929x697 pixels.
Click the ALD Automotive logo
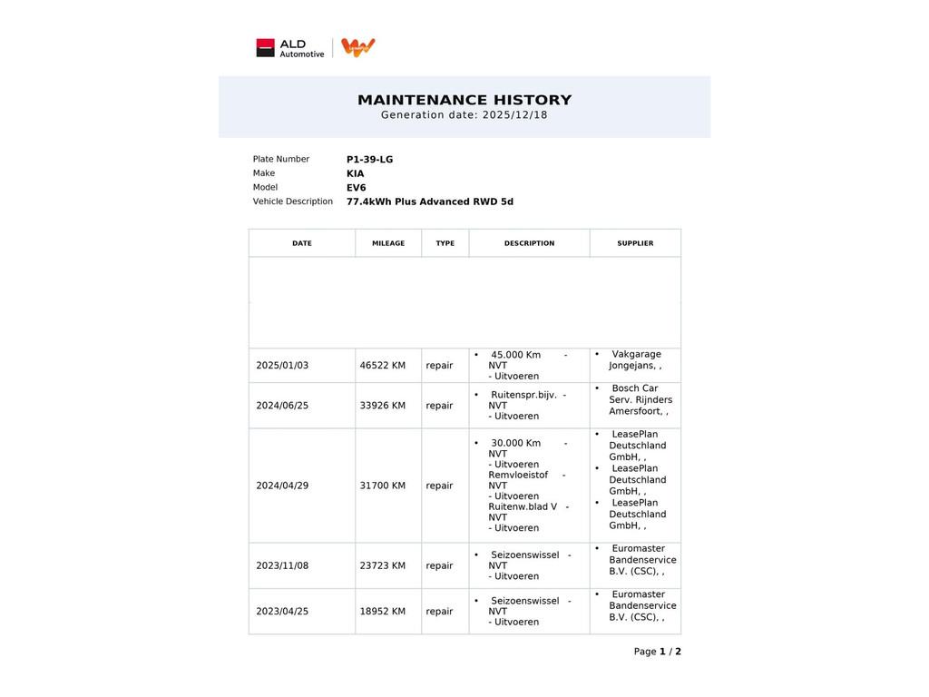tap(289, 48)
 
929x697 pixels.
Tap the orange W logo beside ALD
tap(358, 47)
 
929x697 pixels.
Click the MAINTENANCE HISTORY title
tap(464, 100)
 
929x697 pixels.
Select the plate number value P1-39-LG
tap(369, 160)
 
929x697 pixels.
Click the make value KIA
tap(355, 173)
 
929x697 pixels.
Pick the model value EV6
tap(356, 188)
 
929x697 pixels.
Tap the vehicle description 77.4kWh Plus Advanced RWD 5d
tap(429, 201)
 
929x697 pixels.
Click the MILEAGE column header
tap(388, 243)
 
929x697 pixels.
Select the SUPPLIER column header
tap(635, 243)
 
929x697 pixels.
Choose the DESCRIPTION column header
tap(529, 243)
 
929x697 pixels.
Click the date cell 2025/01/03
tap(282, 366)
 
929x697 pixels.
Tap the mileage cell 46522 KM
tap(382, 366)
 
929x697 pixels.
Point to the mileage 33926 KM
tap(382, 406)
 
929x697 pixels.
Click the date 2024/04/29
tap(282, 486)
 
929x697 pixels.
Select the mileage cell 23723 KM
tap(382, 565)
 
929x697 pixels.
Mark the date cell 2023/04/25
tap(282, 612)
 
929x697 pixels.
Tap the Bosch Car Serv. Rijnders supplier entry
tap(640, 399)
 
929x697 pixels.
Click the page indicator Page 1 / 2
tap(657, 652)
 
